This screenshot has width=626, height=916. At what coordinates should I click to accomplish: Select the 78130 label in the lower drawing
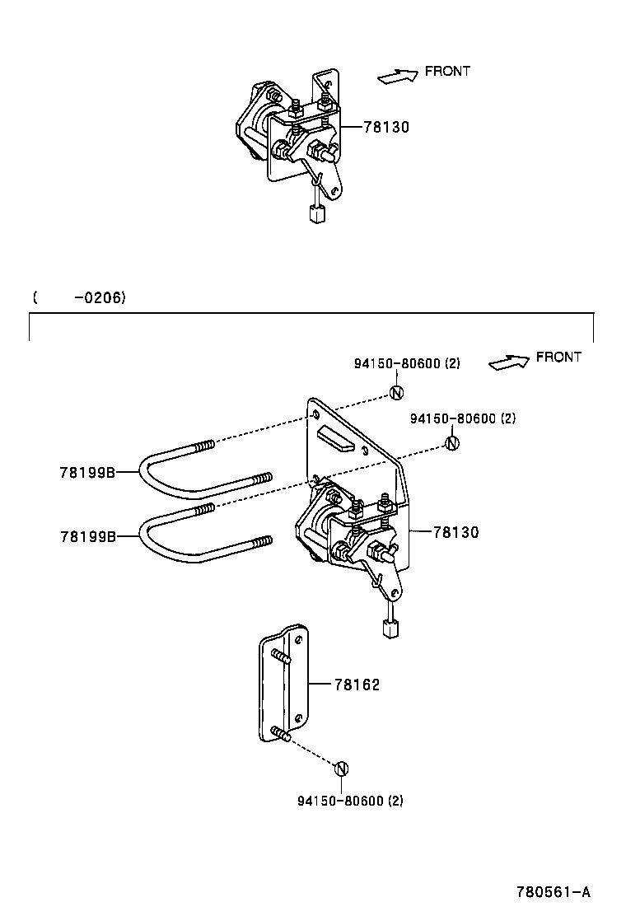point(455,532)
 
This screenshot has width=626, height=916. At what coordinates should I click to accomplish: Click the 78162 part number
point(357,685)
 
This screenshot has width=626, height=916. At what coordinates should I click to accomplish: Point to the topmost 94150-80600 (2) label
point(407,365)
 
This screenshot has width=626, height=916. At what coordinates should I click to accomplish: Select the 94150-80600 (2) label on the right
point(462,418)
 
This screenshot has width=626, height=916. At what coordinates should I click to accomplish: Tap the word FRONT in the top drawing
point(447,72)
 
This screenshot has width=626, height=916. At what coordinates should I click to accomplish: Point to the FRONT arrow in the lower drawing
point(508,362)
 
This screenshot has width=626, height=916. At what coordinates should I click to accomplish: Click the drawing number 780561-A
point(554,892)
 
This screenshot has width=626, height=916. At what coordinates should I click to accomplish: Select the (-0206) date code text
point(79,297)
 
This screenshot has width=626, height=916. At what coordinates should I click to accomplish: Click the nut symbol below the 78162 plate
point(342,769)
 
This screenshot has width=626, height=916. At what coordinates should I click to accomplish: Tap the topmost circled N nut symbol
point(395,392)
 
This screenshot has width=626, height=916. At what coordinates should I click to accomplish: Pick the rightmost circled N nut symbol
point(451,443)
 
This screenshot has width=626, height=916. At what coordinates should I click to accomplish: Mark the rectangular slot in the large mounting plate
point(337,439)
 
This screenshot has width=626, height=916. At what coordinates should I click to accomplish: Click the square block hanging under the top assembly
point(317,214)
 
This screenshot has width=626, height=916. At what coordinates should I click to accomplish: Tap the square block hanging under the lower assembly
point(391,629)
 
